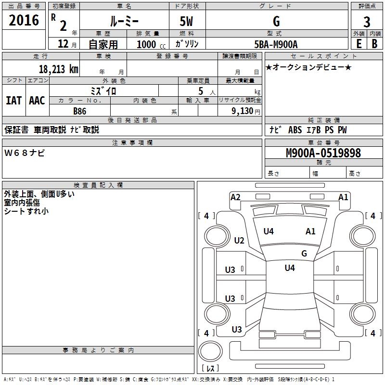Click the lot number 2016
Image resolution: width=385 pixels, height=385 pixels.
point(24,20)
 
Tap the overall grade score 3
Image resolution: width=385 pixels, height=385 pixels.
point(367,22)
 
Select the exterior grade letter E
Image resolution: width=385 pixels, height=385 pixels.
point(359,44)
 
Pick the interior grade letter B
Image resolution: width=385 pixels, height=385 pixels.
point(374,44)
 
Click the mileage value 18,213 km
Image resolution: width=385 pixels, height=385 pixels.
point(59,69)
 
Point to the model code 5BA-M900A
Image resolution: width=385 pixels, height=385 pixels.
point(276,44)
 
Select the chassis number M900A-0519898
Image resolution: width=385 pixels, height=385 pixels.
point(323,153)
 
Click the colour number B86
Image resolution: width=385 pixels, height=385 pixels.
point(80,111)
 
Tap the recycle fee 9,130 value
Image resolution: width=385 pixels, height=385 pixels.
point(243,111)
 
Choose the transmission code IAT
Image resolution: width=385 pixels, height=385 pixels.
point(14,101)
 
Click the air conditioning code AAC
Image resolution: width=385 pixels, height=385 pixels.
point(37,101)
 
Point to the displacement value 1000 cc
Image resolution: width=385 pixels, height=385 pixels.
point(151,44)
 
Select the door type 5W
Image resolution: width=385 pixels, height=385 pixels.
point(186,21)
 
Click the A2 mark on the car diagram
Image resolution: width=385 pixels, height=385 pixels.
point(235,197)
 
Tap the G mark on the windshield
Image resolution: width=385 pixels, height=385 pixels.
point(304,253)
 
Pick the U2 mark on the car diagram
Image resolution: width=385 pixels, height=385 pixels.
point(239,240)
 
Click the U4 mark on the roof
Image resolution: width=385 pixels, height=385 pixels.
point(290,268)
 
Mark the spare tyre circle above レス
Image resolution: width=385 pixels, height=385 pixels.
point(210,351)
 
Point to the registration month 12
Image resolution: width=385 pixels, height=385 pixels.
point(63,44)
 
